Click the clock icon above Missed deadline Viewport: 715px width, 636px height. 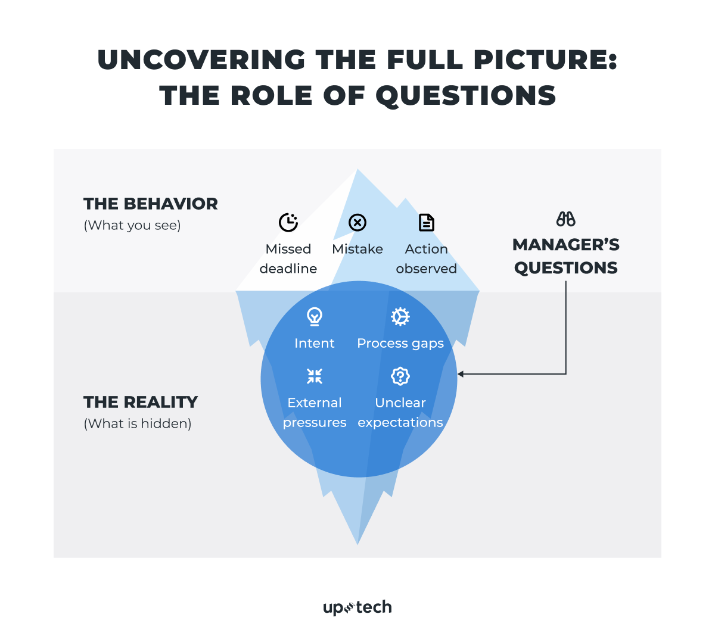click(288, 222)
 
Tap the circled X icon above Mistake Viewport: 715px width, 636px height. click(357, 223)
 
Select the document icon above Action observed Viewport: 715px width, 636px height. click(427, 223)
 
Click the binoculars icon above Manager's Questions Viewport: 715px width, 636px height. click(565, 219)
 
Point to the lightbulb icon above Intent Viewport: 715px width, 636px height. click(315, 316)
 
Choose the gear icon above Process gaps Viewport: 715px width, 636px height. click(400, 316)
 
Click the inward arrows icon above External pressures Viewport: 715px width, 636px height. click(315, 376)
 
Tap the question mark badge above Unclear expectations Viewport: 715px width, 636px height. click(400, 376)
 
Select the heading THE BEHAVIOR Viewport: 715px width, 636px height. click(151, 204)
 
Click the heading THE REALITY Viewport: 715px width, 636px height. click(141, 402)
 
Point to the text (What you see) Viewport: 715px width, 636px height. click(132, 225)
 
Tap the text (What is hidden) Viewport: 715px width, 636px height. click(138, 423)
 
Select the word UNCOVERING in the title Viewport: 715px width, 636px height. click(201, 60)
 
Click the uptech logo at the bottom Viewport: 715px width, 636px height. click(357, 607)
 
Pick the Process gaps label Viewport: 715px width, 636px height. click(400, 343)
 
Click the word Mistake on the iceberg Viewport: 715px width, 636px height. click(357, 249)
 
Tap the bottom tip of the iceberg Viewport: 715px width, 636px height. click(357, 542)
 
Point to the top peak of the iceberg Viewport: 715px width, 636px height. click(357, 171)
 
